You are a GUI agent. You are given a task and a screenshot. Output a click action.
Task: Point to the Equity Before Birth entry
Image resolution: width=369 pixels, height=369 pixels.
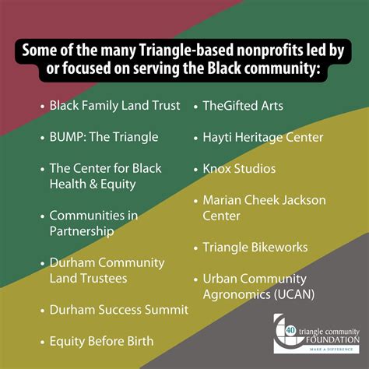pos(101,340)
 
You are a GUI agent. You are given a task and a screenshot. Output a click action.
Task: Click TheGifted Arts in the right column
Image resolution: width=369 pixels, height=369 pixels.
pos(243,104)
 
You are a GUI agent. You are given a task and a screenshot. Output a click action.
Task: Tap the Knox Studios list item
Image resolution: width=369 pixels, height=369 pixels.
pos(239,168)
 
